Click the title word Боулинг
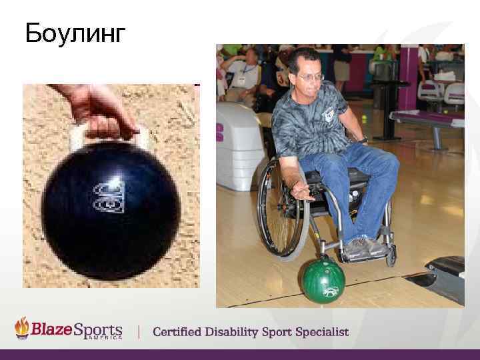(x=75, y=33)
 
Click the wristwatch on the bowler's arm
(x=362, y=140)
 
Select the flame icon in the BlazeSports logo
(x=23, y=327)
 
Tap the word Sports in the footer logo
(x=99, y=329)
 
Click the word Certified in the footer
(x=181, y=331)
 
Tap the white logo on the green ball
(x=328, y=291)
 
